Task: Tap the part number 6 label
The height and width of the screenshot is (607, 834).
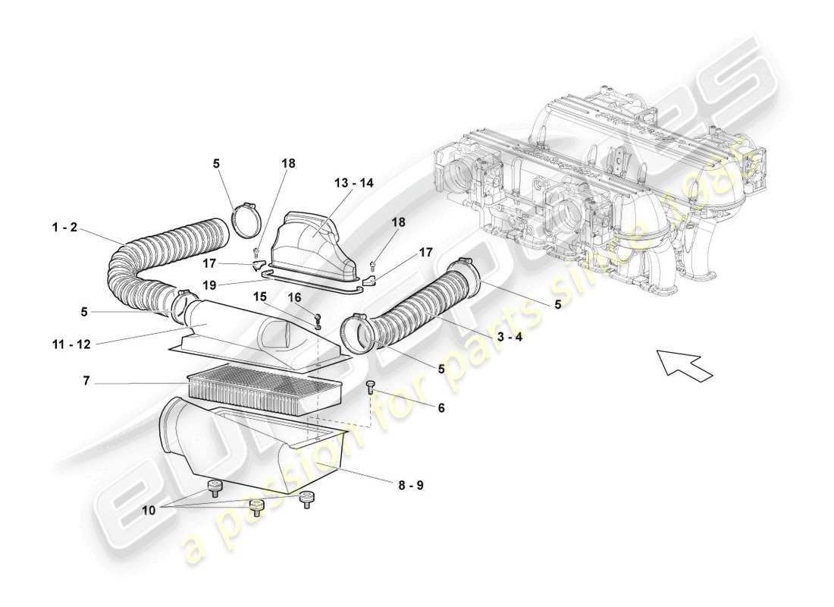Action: (441, 408)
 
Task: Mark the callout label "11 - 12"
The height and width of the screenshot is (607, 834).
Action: (72, 344)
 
